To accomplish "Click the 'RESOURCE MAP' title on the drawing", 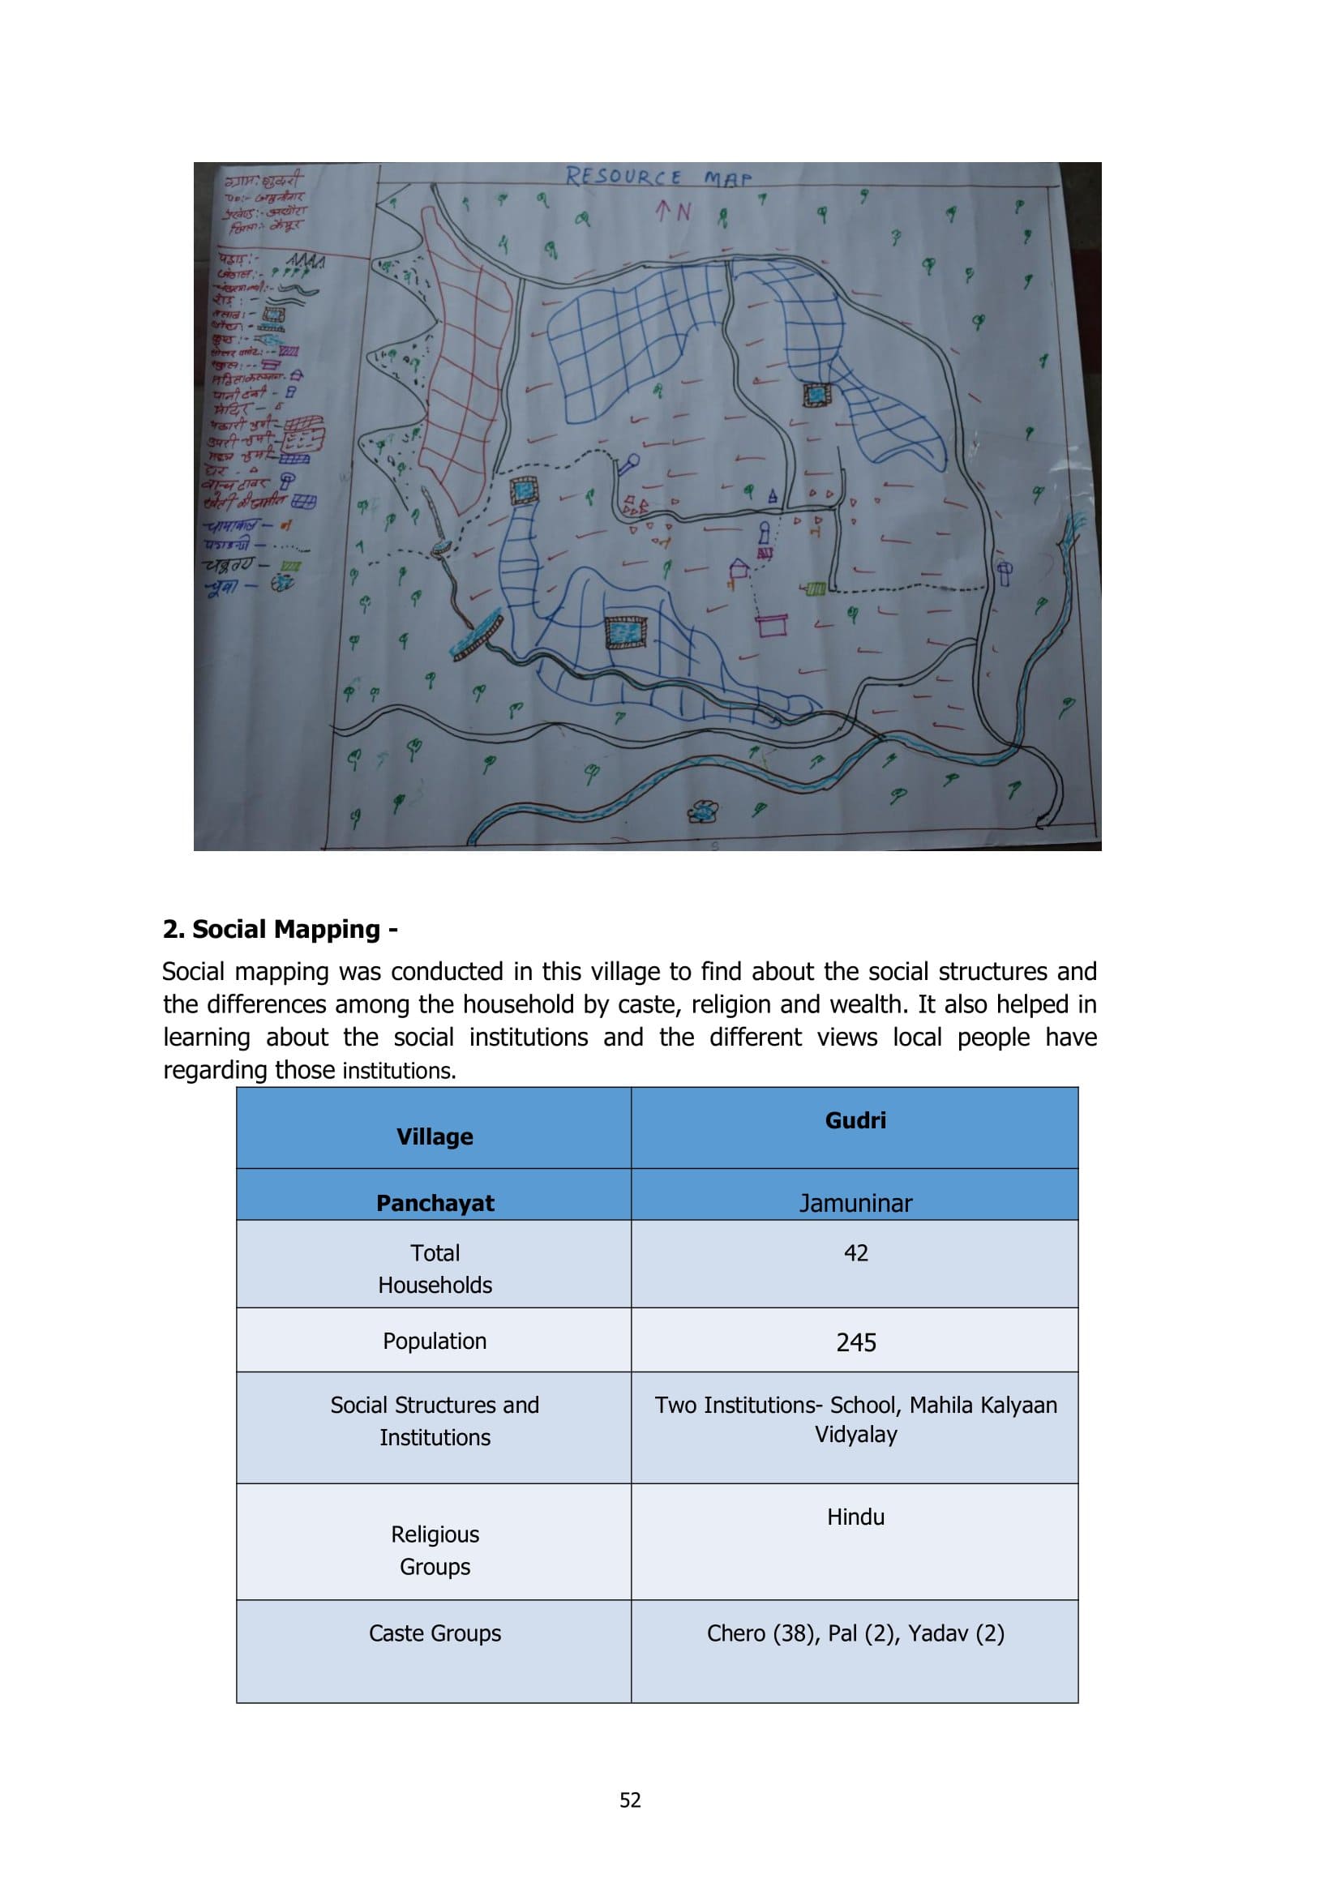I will coord(658,177).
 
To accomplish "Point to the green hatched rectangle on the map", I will coord(814,588).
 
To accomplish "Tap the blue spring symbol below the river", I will coord(703,811).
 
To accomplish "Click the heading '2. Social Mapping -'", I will coord(280,929).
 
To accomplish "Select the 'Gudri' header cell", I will coord(855,1120).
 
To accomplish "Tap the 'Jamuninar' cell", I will coord(855,1203).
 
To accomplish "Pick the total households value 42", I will coord(855,1252).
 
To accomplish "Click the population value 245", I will coord(855,1342).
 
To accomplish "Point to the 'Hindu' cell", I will coord(855,1517).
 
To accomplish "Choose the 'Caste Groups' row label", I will coord(435,1633).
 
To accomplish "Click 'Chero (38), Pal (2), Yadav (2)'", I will coord(855,1633).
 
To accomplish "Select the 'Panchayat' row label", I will coord(435,1203).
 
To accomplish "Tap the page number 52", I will coord(630,1800).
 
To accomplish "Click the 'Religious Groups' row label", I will coord(435,1550).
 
